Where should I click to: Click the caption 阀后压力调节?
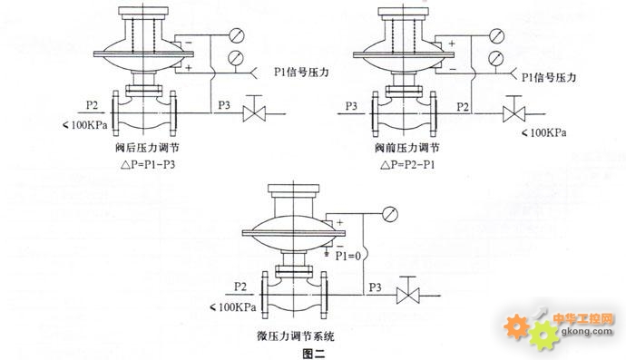[x=147, y=148]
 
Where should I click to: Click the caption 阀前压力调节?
[x=406, y=148]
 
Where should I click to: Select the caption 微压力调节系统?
[x=295, y=336]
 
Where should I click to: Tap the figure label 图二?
[x=314, y=354]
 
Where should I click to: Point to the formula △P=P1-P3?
[x=148, y=164]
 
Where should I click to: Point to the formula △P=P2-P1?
[x=407, y=164]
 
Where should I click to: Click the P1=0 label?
[x=347, y=256]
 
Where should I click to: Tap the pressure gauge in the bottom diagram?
[x=390, y=214]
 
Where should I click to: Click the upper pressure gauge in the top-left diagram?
[x=236, y=35]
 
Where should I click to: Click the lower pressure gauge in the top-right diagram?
[x=496, y=58]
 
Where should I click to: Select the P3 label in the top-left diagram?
[x=224, y=105]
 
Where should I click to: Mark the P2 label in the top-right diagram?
[x=463, y=107]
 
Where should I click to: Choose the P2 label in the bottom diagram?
[x=240, y=287]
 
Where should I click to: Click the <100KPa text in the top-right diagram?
[x=544, y=133]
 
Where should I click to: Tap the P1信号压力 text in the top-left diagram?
[x=301, y=72]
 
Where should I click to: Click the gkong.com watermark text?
[x=587, y=331]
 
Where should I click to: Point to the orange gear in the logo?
[x=516, y=326]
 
